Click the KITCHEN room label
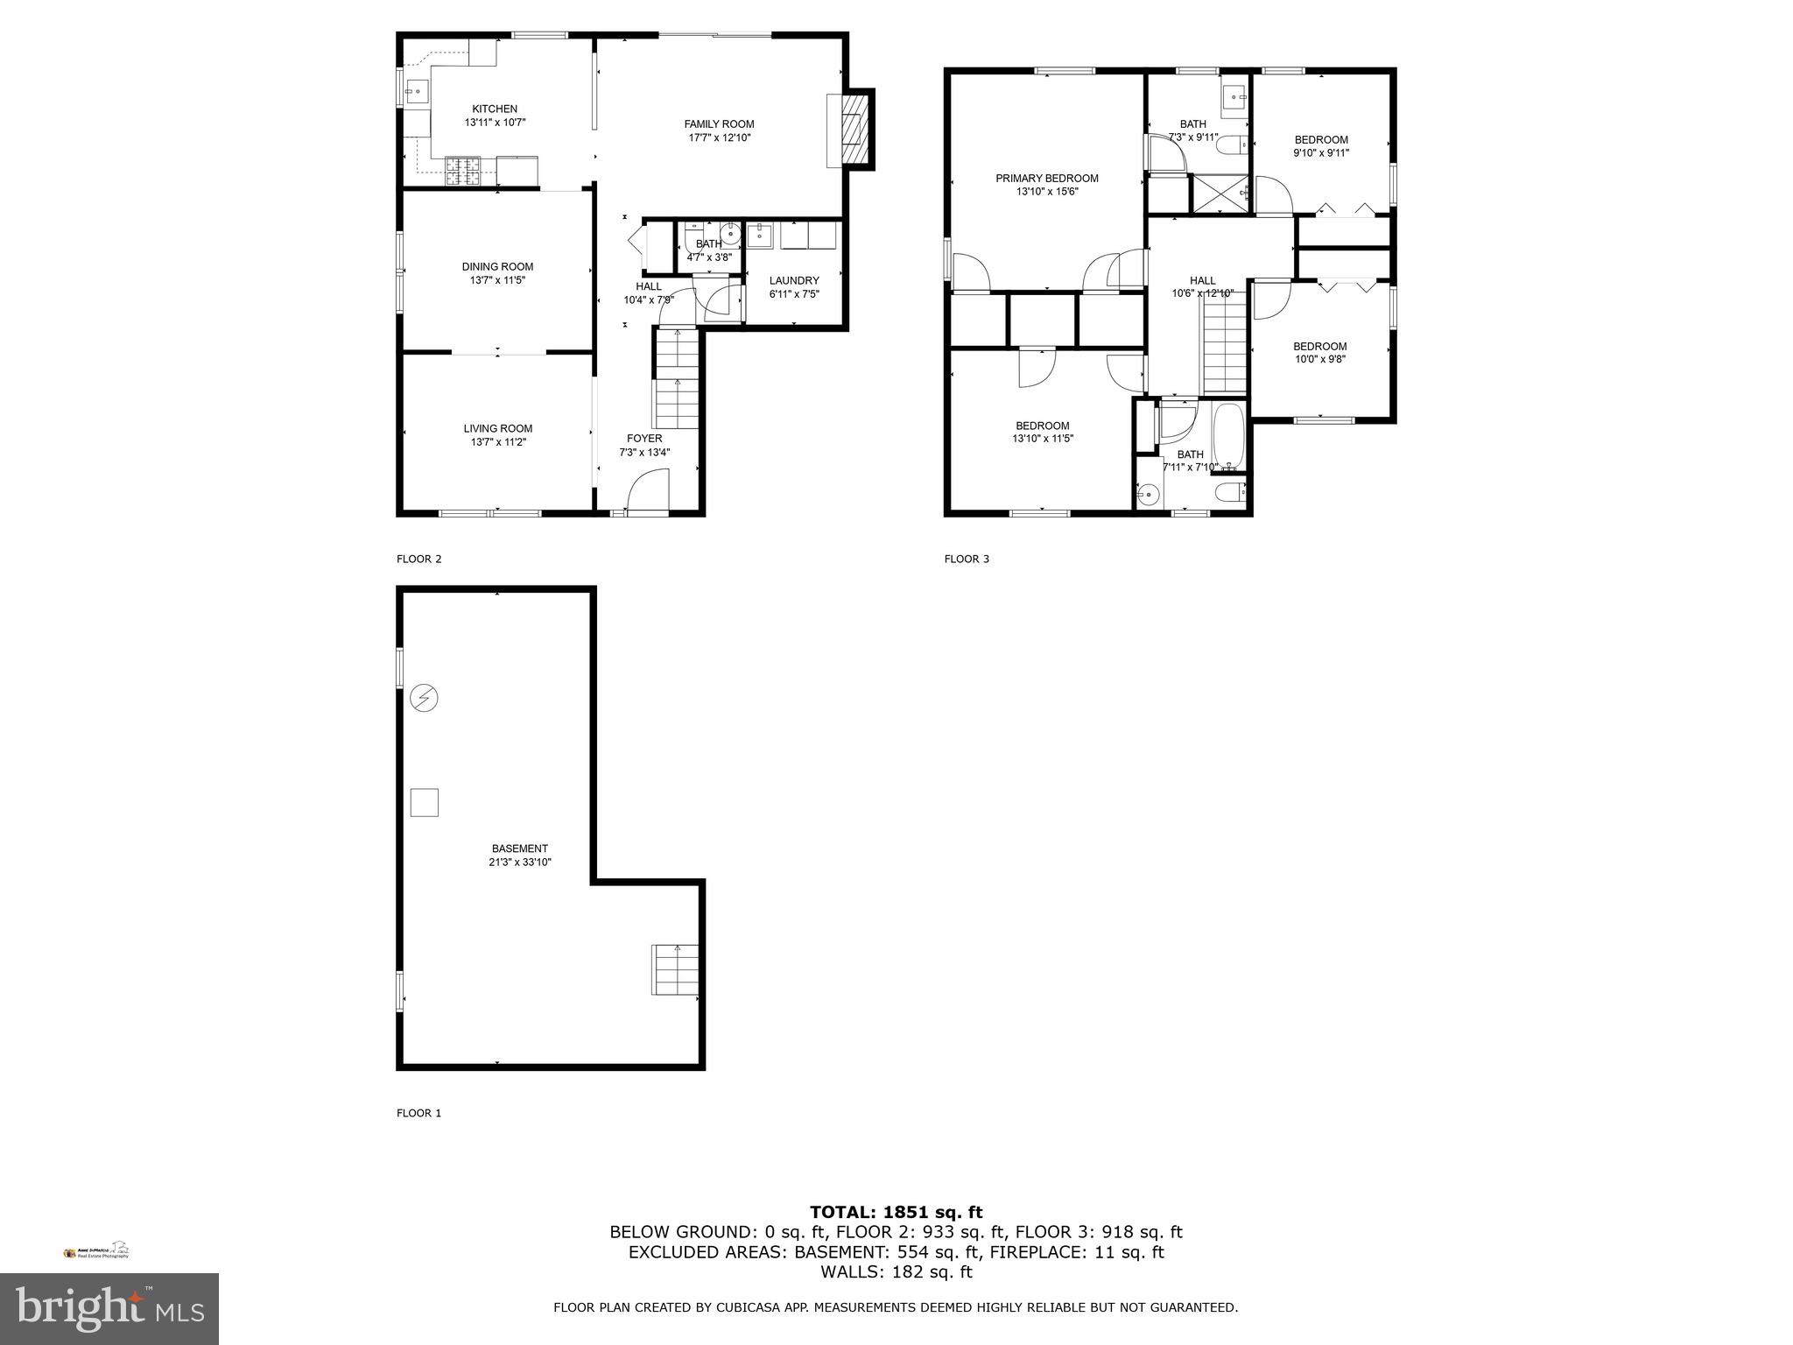pyautogui.click(x=495, y=109)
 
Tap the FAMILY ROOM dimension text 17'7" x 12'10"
pyautogui.click(x=719, y=137)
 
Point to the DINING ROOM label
pyautogui.click(x=497, y=266)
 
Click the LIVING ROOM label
pyautogui.click(x=497, y=428)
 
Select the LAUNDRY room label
pyautogui.click(x=794, y=280)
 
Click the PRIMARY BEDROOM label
pyautogui.click(x=1046, y=178)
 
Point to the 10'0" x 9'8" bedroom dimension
pyautogui.click(x=1319, y=359)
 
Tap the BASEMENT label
pyautogui.click(x=519, y=848)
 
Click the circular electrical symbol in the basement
pyautogui.click(x=424, y=698)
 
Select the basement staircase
pyautogui.click(x=675, y=969)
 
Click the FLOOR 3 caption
pyautogui.click(x=967, y=559)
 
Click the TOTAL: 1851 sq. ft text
pyautogui.click(x=896, y=1212)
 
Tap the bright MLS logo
pyautogui.click(x=109, y=1308)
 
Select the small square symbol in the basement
pyautogui.click(x=424, y=802)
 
